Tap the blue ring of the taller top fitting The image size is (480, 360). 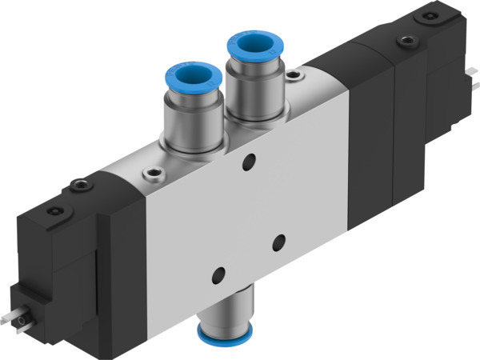(252, 46)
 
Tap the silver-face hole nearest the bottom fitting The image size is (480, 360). (218, 277)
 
